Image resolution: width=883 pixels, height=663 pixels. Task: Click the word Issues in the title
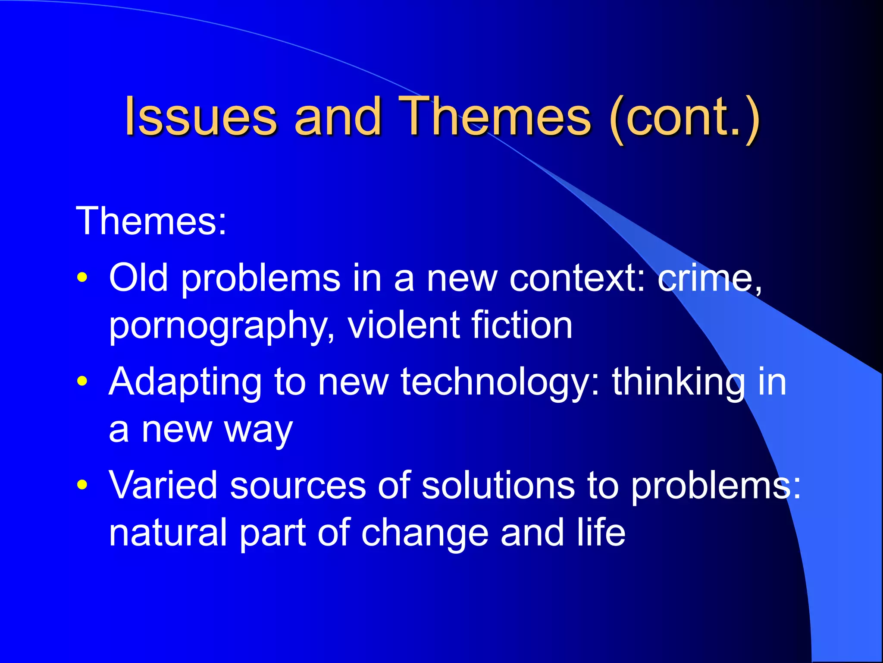(200, 117)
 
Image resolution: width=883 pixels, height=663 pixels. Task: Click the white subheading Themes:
(151, 221)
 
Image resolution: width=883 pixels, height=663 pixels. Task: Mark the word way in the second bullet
(258, 431)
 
